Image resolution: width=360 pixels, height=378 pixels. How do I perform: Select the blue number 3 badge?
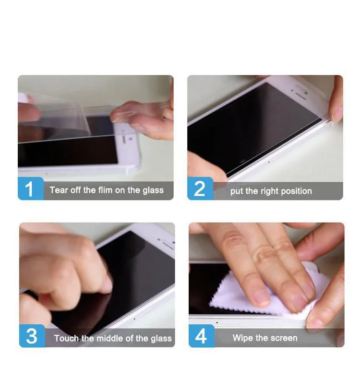31,336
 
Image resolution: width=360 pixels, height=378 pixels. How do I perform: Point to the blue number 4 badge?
201,336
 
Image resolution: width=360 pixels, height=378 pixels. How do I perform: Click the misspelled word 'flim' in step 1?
105,190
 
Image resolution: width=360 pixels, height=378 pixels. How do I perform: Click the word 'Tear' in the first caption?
59,190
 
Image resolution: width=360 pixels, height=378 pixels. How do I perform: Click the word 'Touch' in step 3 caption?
66,338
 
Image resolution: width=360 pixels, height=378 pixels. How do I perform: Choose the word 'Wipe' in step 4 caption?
243,338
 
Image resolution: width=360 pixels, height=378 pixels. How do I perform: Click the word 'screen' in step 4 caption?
283,338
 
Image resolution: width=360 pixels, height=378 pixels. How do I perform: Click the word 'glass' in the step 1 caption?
153,190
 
